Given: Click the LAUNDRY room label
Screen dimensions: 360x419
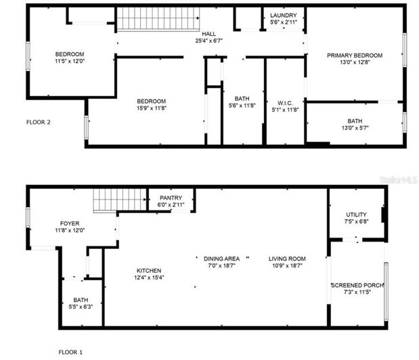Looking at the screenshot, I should tap(283, 15).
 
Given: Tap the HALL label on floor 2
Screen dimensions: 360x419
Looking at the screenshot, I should tap(209, 33).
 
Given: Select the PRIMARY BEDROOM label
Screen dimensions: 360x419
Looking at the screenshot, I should tap(355, 55).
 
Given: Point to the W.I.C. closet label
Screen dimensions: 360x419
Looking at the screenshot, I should tap(284, 102).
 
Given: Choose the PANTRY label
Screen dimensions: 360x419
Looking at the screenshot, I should tap(171, 198).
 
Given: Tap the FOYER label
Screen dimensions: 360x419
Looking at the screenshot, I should tap(70, 223).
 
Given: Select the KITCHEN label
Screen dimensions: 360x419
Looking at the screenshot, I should tap(148, 271).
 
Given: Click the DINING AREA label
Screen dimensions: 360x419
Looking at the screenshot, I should tap(222, 258).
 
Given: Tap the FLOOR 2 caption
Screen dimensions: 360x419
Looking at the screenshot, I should tap(39, 122).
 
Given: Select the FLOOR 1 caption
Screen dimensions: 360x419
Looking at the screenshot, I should tap(70, 352).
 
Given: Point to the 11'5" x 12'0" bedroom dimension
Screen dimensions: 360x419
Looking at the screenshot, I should tap(69, 62).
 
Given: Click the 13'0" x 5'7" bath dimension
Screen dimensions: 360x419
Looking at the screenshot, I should tap(355, 129).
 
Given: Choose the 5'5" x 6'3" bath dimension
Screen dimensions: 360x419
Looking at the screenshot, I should tap(81, 307).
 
